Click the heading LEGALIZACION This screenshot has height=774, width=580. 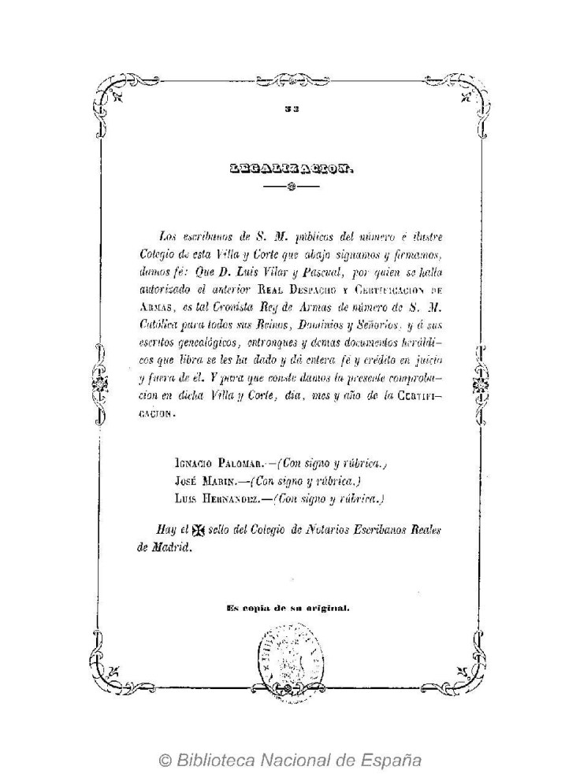coord(289,167)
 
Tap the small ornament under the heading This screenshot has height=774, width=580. coord(290,187)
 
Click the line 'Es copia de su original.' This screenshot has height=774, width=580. coord(288,607)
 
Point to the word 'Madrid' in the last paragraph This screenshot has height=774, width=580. coord(173,549)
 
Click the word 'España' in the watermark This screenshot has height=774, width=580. coord(392,761)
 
